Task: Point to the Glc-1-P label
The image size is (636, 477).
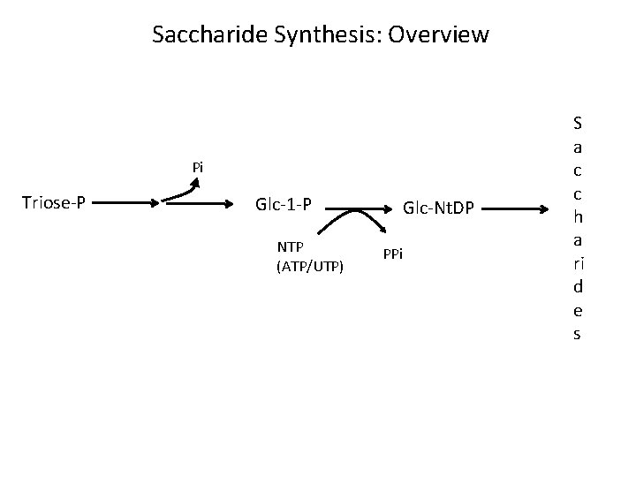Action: [283, 205]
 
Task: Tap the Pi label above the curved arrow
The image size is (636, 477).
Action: [198, 167]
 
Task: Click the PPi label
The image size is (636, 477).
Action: [393, 254]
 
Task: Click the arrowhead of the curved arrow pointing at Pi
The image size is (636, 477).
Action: [196, 184]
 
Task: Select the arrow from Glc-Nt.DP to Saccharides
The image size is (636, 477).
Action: [521, 209]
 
